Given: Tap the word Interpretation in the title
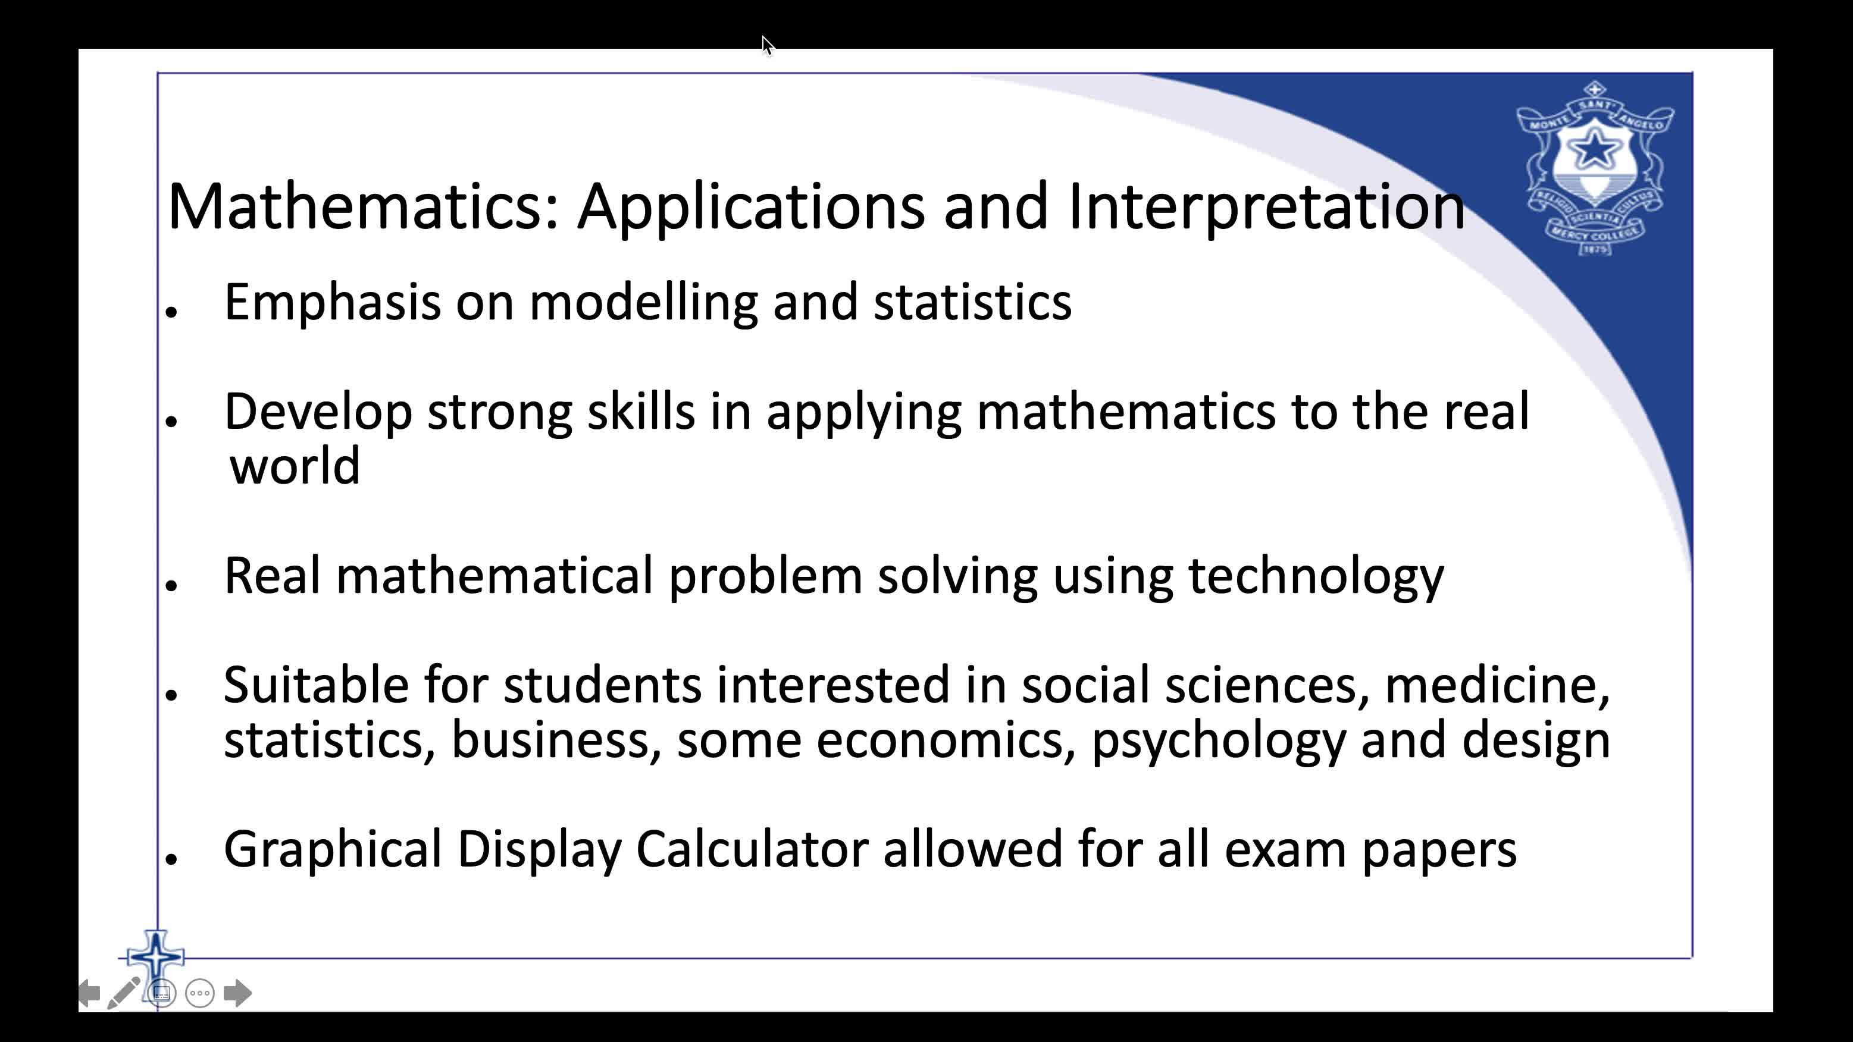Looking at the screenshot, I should click(1266, 207).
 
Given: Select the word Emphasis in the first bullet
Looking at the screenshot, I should click(332, 302).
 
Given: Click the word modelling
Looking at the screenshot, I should click(643, 302).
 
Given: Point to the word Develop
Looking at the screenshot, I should click(318, 412).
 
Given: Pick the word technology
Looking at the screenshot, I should click(1316, 577).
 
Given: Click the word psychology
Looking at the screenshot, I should click(1219, 740).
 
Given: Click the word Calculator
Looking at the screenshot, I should click(752, 850).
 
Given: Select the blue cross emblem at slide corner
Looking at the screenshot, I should click(155, 957).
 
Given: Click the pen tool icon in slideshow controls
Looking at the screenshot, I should click(124, 993).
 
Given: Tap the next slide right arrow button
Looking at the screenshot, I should click(237, 993).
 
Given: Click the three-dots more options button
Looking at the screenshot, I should click(200, 993).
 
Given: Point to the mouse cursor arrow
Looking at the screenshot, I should click(767, 45).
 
